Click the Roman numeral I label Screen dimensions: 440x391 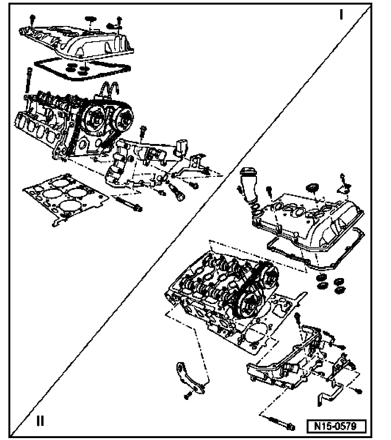[341, 15]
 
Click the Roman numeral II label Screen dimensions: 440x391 [40, 421]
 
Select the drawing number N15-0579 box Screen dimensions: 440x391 [336, 425]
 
